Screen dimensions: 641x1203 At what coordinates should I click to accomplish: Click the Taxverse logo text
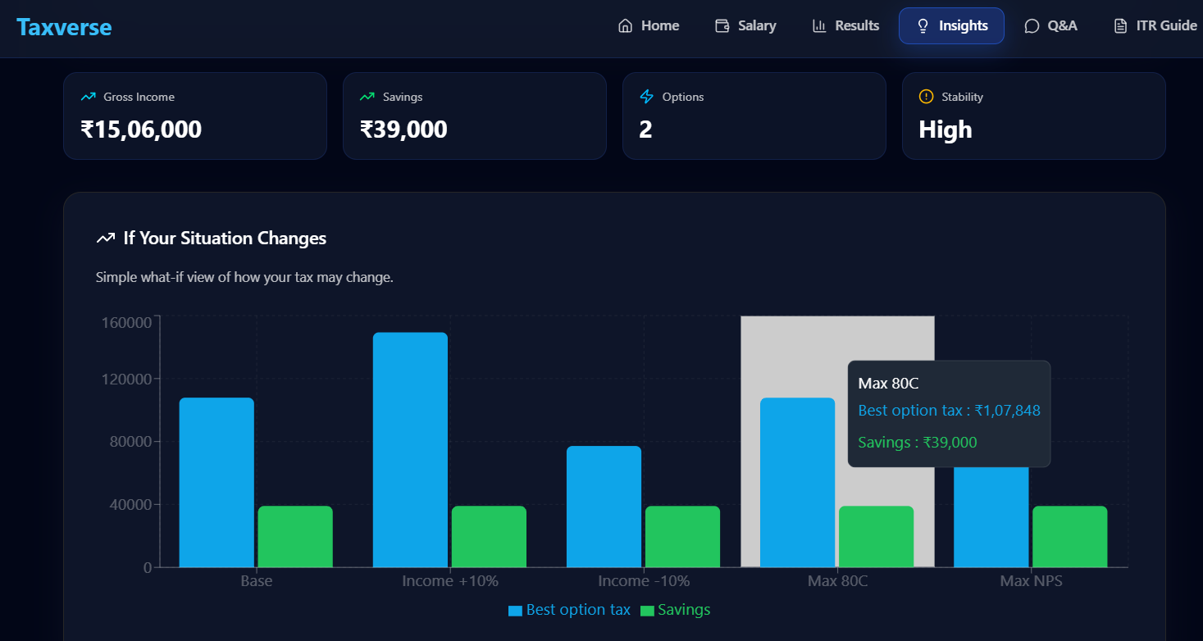pos(64,27)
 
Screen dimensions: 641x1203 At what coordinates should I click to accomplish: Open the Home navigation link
pos(649,25)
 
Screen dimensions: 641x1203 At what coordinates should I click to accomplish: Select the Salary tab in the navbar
pos(745,25)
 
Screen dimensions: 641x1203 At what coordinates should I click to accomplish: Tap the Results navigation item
pos(845,25)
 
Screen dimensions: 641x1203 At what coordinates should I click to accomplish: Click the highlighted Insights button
pos(951,25)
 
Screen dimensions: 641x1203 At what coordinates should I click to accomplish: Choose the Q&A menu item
pos(1051,25)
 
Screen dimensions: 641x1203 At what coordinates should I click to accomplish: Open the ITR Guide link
pos(1155,25)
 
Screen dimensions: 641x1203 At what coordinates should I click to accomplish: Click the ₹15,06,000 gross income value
pos(141,130)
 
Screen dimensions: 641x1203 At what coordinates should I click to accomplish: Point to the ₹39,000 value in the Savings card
pos(403,130)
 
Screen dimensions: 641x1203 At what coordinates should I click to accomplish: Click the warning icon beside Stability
pos(927,97)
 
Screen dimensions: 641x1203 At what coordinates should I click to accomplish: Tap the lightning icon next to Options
pos(646,97)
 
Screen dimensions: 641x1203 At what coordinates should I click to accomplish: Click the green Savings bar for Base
pos(295,536)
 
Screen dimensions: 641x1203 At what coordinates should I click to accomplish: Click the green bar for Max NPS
pos(1069,536)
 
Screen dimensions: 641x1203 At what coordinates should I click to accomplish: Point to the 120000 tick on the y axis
pos(126,380)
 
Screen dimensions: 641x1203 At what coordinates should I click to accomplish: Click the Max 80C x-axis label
pos(837,581)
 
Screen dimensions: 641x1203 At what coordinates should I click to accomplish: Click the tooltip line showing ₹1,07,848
pos(949,411)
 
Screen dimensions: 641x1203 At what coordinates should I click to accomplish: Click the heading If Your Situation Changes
pos(225,239)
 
